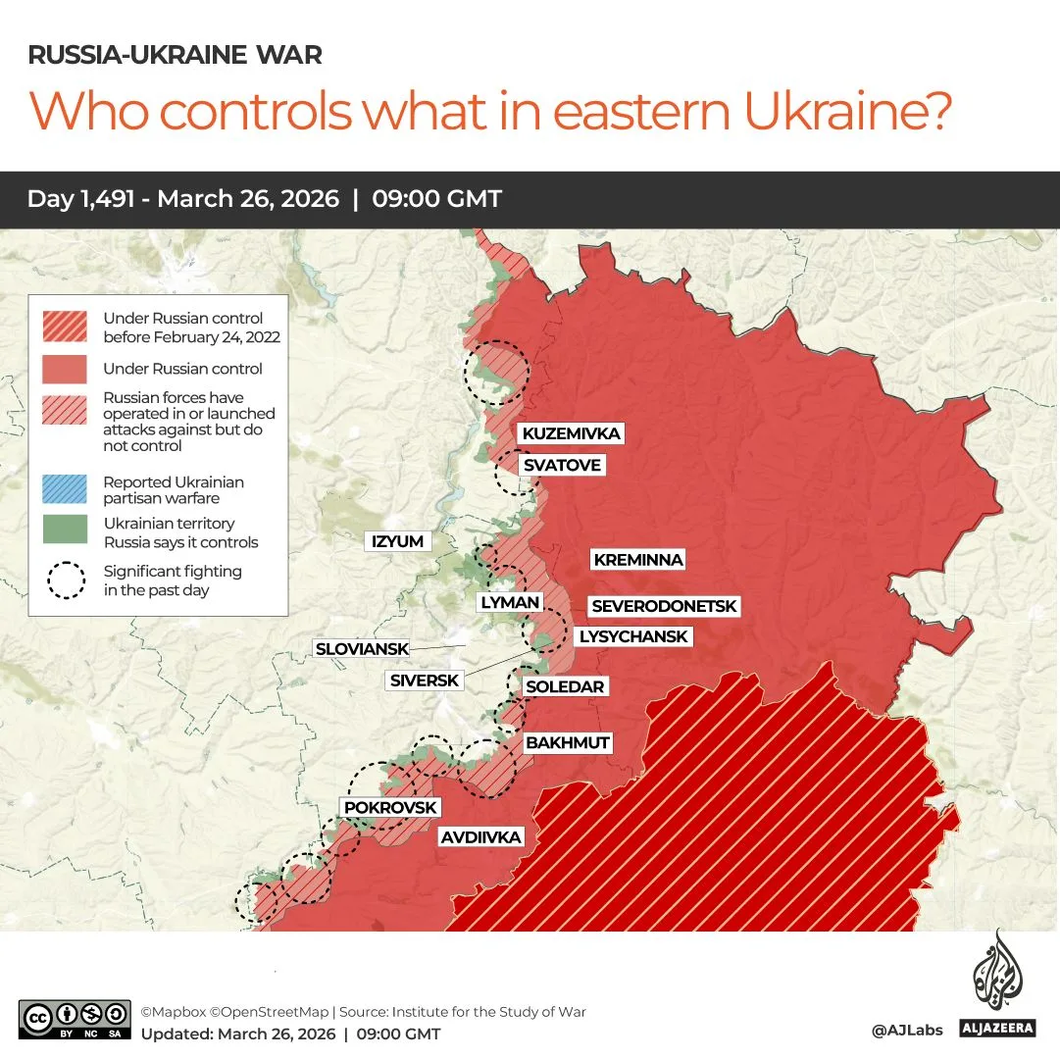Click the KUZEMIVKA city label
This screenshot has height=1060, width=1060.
click(x=571, y=433)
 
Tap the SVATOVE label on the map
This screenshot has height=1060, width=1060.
click(x=561, y=465)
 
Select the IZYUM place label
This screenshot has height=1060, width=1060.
click(x=397, y=541)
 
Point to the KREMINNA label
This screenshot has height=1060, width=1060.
click(x=637, y=560)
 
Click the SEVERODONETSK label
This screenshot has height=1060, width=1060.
click(x=664, y=607)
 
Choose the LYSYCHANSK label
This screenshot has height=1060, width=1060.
click(x=633, y=636)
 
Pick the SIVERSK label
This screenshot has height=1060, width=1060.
click(x=424, y=680)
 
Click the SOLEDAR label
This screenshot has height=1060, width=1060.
click(x=565, y=686)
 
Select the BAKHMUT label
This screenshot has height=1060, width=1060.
click(x=568, y=742)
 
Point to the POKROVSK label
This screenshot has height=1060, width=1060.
click(x=390, y=807)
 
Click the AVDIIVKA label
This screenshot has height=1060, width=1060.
click(x=480, y=837)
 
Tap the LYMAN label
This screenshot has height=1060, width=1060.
click(x=510, y=602)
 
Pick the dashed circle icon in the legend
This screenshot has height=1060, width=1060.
click(x=65, y=580)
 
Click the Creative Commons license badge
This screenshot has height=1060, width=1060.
click(x=75, y=1019)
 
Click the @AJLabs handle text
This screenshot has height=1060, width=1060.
click(x=906, y=1030)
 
